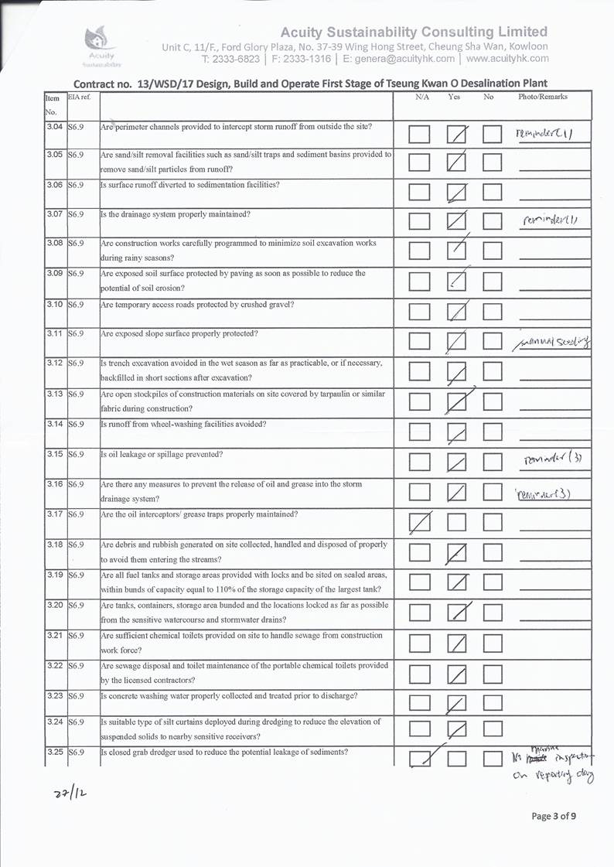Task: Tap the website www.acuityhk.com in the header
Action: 507,58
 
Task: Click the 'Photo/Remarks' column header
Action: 542,97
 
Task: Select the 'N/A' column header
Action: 422,97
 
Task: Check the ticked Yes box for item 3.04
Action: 458,135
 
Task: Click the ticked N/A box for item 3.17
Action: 421,524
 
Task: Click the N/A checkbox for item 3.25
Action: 421,759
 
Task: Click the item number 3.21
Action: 53,635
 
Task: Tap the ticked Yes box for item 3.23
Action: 458,703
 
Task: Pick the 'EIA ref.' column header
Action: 79,97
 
